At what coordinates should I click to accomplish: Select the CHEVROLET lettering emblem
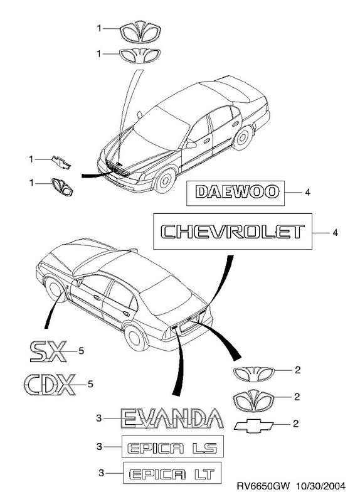(233, 232)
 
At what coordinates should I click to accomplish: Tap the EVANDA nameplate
(172, 418)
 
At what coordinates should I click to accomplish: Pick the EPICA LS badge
(172, 447)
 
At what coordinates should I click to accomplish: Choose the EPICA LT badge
(172, 473)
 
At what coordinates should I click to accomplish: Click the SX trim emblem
(48, 351)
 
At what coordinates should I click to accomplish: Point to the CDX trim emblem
(50, 384)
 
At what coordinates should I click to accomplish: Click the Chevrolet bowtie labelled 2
(253, 425)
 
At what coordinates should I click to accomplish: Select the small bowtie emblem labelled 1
(61, 163)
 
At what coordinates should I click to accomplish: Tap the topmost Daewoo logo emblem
(140, 33)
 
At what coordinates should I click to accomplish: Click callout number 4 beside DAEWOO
(307, 193)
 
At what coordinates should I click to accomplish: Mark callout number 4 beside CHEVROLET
(335, 232)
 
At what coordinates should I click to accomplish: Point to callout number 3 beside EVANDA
(99, 418)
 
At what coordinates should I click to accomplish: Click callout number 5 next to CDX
(90, 383)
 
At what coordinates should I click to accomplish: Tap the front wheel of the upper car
(165, 180)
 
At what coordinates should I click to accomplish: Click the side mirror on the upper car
(191, 145)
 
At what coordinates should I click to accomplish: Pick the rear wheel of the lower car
(135, 337)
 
